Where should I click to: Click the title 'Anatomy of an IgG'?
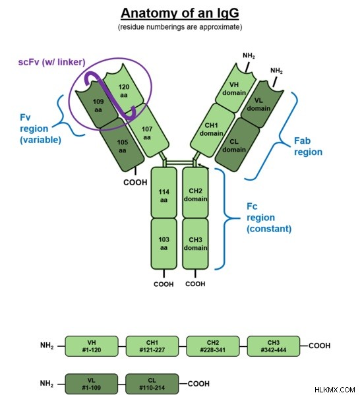tap(179, 14)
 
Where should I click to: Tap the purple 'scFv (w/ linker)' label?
tap(51, 62)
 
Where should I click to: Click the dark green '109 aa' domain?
tap(98, 105)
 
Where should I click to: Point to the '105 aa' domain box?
tap(122, 146)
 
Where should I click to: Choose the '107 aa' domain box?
tap(147, 132)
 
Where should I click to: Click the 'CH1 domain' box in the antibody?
tap(212, 130)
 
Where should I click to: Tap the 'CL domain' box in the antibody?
tap(236, 145)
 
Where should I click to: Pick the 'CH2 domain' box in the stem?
tap(195, 193)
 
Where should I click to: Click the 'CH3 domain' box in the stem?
tap(195, 243)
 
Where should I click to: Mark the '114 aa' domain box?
tap(164, 193)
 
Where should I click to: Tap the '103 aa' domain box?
tap(164, 243)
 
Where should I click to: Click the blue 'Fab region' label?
tap(308, 146)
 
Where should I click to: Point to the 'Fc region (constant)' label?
tap(269, 218)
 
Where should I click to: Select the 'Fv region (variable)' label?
tap(40, 129)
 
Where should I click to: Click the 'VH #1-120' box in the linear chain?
tap(92, 346)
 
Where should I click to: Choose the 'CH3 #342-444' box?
tap(274, 346)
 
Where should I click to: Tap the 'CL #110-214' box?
tap(152, 384)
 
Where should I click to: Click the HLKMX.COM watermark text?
tap(335, 390)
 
